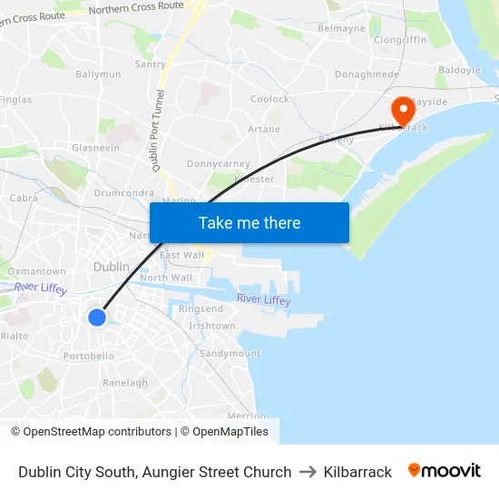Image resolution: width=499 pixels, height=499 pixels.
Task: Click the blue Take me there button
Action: pyautogui.click(x=249, y=222)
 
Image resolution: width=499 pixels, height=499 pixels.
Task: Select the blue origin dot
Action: pyautogui.click(x=97, y=317)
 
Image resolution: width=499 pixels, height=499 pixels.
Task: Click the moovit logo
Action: pyautogui.click(x=445, y=471)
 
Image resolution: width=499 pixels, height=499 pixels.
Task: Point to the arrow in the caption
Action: pyautogui.click(x=308, y=472)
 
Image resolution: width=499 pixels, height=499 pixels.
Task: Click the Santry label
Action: pyautogui.click(x=150, y=64)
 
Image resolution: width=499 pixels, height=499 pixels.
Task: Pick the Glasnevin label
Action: pyautogui.click(x=95, y=147)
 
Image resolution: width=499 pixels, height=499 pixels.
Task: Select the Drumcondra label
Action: pyautogui.click(x=123, y=192)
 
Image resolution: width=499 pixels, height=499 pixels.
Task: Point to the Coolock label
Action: pyautogui.click(x=269, y=99)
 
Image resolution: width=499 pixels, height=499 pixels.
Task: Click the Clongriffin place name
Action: pyautogui.click(x=400, y=40)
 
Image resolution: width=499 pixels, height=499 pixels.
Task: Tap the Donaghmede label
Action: pyautogui.click(x=367, y=74)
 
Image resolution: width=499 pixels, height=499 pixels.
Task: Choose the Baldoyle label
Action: pyautogui.click(x=459, y=70)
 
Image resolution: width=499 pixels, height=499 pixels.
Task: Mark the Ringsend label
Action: pyautogui.click(x=201, y=309)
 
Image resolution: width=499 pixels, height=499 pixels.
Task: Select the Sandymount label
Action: pyautogui.click(x=230, y=353)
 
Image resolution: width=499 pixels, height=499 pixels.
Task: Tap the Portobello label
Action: pyautogui.click(x=89, y=357)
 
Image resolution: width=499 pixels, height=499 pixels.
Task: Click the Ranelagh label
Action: pyautogui.click(x=125, y=383)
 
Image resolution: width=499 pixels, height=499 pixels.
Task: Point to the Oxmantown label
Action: pyautogui.click(x=36, y=271)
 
